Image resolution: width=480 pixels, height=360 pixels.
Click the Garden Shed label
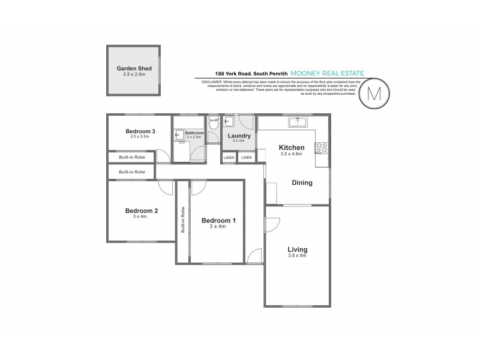pos(133,69)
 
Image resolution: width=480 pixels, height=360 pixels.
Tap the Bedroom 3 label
pos(140,131)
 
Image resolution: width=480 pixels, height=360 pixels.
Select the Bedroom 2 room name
pos(141,211)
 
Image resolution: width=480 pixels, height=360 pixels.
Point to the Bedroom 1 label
pos(218,220)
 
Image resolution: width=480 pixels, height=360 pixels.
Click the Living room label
pos(297,250)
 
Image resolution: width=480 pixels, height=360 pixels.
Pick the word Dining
pos(302,183)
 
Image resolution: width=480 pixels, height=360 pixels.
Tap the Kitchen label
pos(292,148)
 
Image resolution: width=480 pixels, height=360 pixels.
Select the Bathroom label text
pos(194,133)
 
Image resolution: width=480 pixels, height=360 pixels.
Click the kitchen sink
pos(298,122)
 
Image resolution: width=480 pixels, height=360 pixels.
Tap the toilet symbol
pos(213,124)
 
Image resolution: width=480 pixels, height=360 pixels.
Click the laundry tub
pos(228,122)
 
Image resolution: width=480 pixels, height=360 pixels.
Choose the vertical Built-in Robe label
pos(182,220)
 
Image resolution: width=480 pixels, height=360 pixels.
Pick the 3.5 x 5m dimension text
pos(297,256)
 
